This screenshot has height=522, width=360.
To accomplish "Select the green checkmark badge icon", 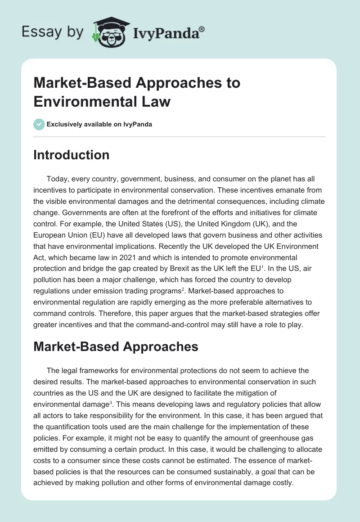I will point(39,124).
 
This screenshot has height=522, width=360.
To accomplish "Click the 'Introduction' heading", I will point(72,155).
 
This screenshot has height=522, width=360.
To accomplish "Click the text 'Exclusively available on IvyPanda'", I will point(99,124).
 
